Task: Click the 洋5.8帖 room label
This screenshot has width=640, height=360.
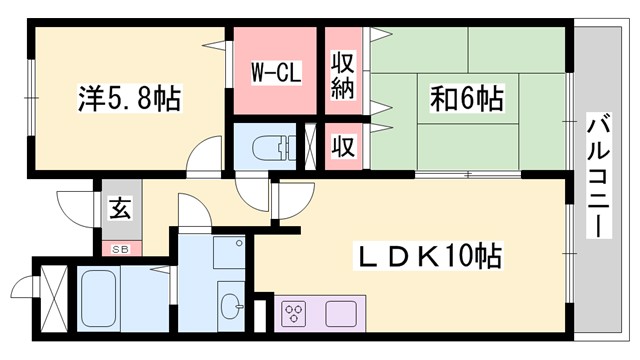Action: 129,100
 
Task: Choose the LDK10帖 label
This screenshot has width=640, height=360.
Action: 431,257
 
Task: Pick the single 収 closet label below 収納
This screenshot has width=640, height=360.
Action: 344,147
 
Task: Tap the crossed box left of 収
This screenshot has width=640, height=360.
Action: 313,145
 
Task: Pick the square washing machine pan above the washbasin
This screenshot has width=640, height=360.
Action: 230,254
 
